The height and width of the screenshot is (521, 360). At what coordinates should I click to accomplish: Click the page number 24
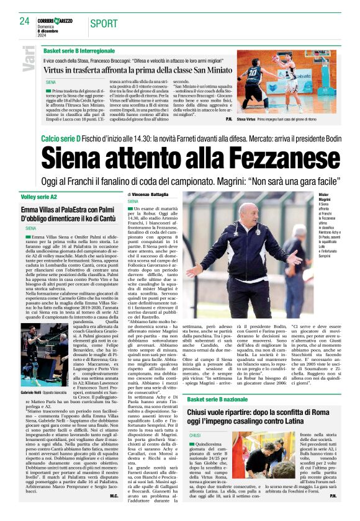coord(24,21)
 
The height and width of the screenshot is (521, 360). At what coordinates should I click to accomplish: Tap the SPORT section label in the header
coord(104,24)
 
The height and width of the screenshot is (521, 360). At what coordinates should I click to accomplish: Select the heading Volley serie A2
coord(47,196)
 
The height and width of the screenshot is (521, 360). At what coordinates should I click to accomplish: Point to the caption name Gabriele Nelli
coord(31,376)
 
